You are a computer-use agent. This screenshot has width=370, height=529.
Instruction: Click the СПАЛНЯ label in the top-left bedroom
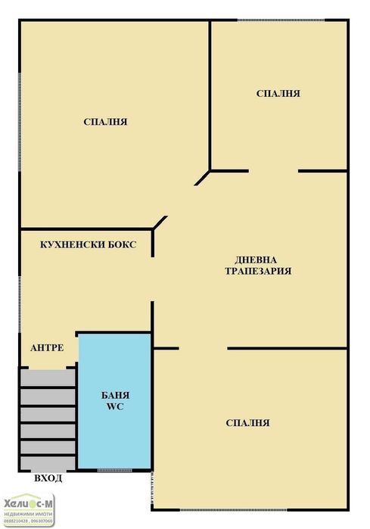[105, 122]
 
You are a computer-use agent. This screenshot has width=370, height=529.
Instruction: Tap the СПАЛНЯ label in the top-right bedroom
[278, 94]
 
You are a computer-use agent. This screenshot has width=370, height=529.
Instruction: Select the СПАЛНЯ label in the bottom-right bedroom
[247, 423]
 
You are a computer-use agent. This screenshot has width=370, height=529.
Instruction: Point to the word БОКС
[123, 244]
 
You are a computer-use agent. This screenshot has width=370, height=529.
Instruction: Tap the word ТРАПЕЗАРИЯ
[257, 271]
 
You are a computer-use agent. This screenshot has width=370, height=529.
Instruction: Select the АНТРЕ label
[46, 348]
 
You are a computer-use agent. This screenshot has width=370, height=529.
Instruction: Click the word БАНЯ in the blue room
[116, 395]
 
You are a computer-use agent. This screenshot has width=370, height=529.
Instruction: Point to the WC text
[116, 407]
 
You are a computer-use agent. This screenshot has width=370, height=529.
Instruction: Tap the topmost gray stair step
[48, 378]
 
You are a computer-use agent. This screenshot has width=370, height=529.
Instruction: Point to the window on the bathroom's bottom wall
[114, 471]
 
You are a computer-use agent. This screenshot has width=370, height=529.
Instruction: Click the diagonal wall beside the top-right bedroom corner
[202, 177]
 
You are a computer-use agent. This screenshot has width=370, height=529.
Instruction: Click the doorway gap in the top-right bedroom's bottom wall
[272, 171]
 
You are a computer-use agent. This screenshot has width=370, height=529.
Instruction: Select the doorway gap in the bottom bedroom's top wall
[203, 348]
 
